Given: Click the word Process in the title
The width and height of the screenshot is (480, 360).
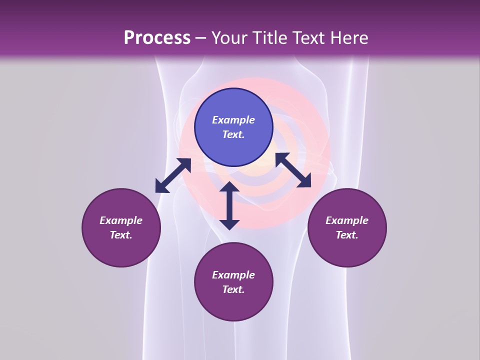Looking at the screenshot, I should pyautogui.click(x=157, y=38).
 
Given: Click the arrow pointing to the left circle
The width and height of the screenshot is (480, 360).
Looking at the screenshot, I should pyautogui.click(x=173, y=175).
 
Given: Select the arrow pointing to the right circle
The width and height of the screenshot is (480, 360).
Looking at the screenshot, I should pyautogui.click(x=293, y=170).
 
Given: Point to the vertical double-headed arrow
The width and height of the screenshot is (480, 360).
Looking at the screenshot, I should pyautogui.click(x=229, y=205).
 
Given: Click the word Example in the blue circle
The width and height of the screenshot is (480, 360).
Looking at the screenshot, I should pyautogui.click(x=233, y=120).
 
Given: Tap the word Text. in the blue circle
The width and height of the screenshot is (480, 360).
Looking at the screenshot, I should pyautogui.click(x=233, y=134).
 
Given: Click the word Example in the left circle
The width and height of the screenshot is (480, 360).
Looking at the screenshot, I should pyautogui.click(x=121, y=220).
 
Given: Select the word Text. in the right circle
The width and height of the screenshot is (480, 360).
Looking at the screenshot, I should pyautogui.click(x=347, y=235).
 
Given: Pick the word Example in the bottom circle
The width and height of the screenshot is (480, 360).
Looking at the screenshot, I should pyautogui.click(x=233, y=275).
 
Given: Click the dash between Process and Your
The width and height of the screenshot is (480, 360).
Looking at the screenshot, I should pyautogui.click(x=201, y=38).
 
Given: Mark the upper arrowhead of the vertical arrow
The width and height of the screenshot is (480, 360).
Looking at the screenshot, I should pyautogui.click(x=229, y=187).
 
